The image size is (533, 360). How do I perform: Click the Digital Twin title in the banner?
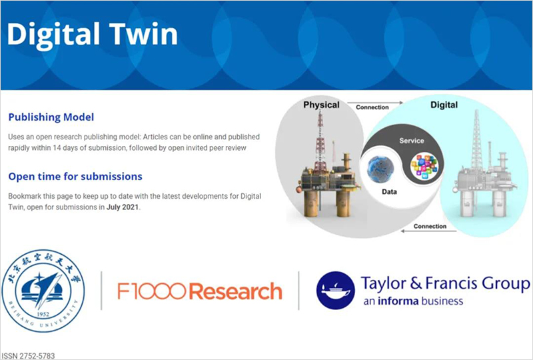[x=93, y=33]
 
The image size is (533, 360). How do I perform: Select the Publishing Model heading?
[x=51, y=117]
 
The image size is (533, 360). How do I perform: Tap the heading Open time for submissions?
[x=75, y=177]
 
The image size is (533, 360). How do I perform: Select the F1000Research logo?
[x=199, y=291]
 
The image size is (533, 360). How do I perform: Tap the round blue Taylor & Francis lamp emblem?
[x=335, y=290]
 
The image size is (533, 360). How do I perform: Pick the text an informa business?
[x=412, y=301]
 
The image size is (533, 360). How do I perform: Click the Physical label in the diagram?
[x=321, y=105]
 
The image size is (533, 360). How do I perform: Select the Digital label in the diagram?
[x=444, y=105]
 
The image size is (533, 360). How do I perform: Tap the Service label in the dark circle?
[x=411, y=141]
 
